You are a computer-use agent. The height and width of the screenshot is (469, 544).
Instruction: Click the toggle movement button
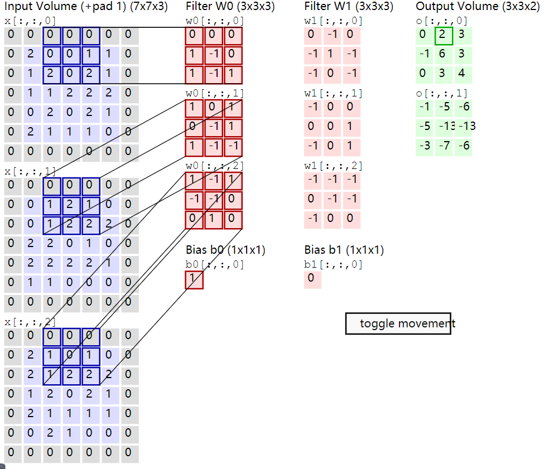point(398,323)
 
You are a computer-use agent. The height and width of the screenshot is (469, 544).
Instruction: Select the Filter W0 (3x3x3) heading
point(230,7)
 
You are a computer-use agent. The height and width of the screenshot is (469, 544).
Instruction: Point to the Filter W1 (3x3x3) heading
point(349,7)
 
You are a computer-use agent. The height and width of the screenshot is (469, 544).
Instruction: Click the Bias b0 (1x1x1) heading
point(225,250)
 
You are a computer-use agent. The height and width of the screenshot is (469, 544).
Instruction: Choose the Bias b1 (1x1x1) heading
point(344,250)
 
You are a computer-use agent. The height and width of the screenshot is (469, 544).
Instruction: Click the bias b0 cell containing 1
point(194,279)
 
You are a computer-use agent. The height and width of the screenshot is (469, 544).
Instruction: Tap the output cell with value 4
point(463,74)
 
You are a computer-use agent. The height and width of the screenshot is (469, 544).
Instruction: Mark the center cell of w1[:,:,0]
point(331,55)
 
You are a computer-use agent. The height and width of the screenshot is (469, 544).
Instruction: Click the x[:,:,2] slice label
point(30,322)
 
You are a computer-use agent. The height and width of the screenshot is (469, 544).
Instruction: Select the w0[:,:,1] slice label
point(215,93)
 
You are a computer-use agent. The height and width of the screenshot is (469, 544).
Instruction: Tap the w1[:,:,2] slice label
point(333,166)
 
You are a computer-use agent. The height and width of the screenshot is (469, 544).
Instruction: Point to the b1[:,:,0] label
point(333,264)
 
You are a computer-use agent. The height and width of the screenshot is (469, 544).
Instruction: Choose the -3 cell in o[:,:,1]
point(425,146)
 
